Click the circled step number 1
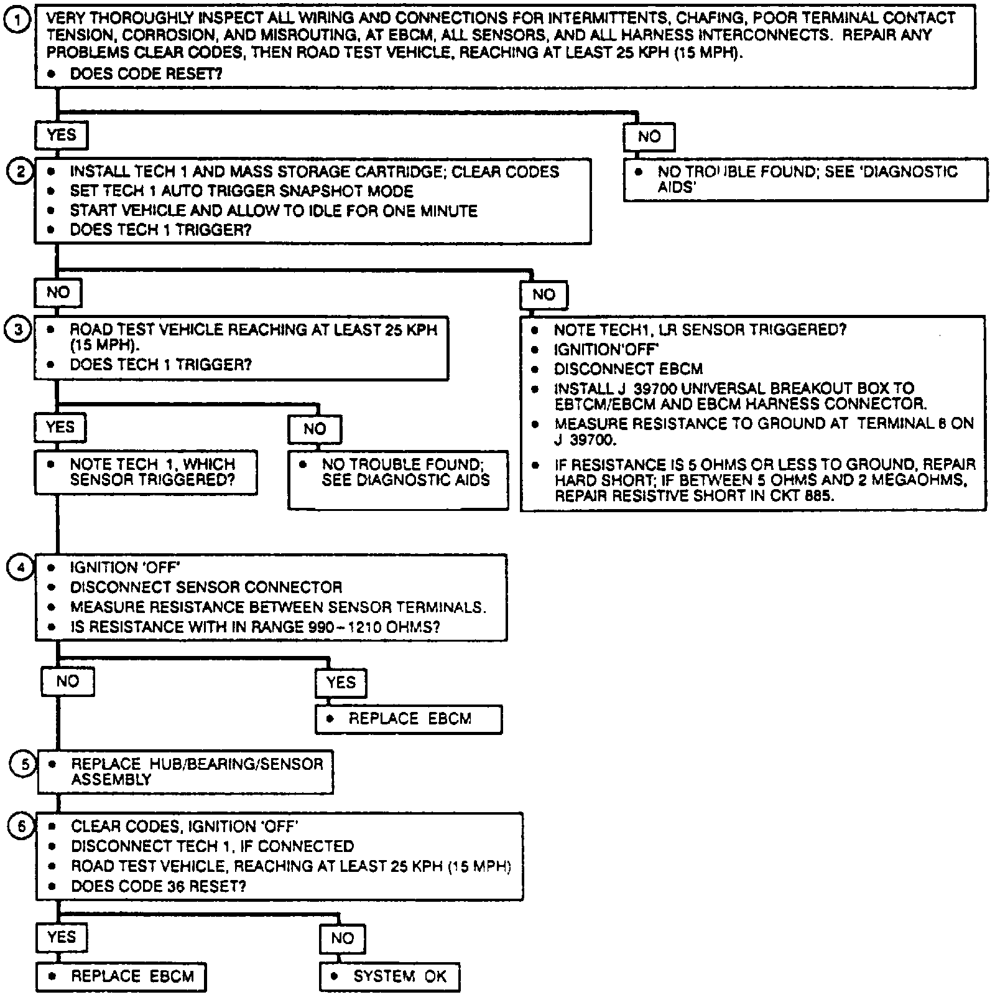point(17,21)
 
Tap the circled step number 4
point(20,567)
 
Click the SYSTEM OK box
point(390,976)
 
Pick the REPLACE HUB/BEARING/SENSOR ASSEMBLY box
point(185,772)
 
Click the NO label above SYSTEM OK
point(342,938)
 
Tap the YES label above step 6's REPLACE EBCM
point(61,937)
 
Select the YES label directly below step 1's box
point(61,135)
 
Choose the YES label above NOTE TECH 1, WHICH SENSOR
point(60,428)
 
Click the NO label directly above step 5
point(67,681)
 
